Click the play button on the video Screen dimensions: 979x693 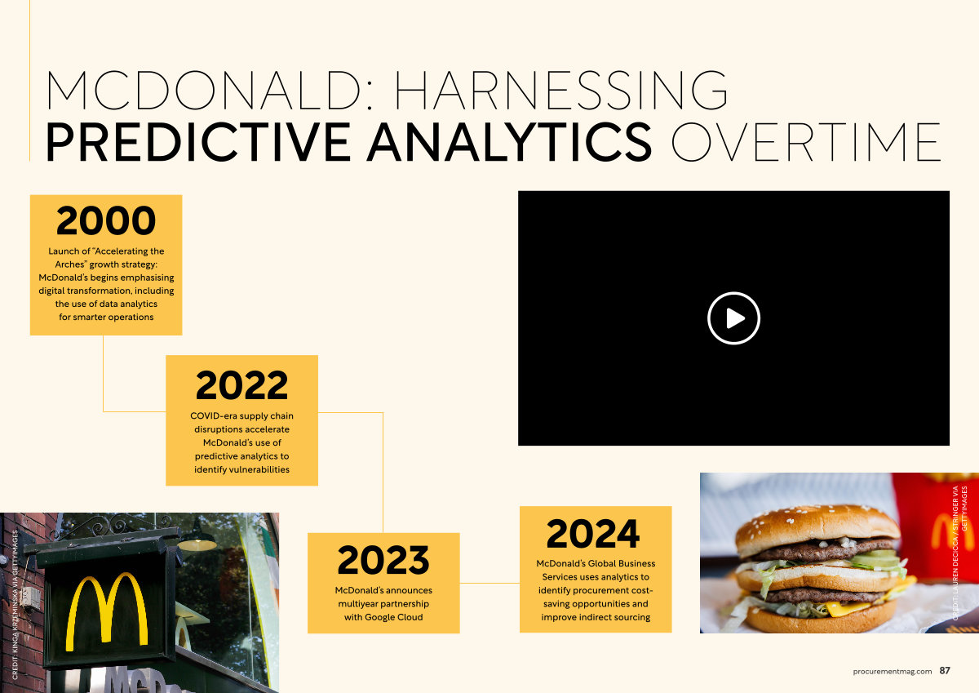[x=733, y=318]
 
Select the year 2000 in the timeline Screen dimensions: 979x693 [x=106, y=221]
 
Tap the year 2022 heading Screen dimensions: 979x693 [x=241, y=385]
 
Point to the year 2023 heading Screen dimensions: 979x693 [x=383, y=560]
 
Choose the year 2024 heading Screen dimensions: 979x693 [x=592, y=533]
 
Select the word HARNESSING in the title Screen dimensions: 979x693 [x=561, y=90]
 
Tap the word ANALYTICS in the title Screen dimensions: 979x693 [x=510, y=142]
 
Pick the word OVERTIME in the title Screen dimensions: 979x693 [x=806, y=142]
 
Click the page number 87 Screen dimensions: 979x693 [x=945, y=670]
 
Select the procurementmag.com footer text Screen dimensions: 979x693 [x=892, y=671]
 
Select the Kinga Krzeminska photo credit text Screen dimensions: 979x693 [x=16, y=605]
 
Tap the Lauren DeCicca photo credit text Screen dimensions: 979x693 [x=959, y=553]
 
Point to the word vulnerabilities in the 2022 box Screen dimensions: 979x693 [x=259, y=469]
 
